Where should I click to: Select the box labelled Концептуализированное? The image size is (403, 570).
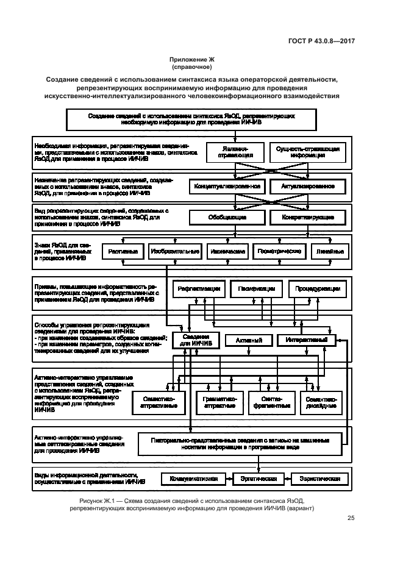tap(227, 186)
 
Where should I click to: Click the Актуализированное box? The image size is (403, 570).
tap(307, 186)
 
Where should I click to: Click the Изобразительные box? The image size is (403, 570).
tap(175, 251)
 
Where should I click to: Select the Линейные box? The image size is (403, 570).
tap(329, 251)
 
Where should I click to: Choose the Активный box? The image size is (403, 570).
tap(249, 340)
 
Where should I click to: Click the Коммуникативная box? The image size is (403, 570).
tap(193, 479)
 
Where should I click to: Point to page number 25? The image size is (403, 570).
tap(351, 519)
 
